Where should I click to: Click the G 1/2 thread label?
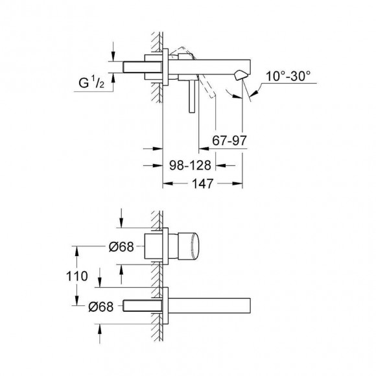(x=91, y=82)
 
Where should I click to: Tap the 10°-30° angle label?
(x=288, y=76)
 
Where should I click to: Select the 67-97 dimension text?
(x=229, y=140)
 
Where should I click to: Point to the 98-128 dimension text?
(x=190, y=165)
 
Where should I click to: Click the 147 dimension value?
(x=203, y=183)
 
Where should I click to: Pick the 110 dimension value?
(x=77, y=276)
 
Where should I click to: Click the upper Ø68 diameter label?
(x=121, y=247)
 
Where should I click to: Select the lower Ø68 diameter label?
(x=100, y=307)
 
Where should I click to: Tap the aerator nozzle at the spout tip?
(x=240, y=75)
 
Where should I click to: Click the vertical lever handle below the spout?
(x=191, y=96)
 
